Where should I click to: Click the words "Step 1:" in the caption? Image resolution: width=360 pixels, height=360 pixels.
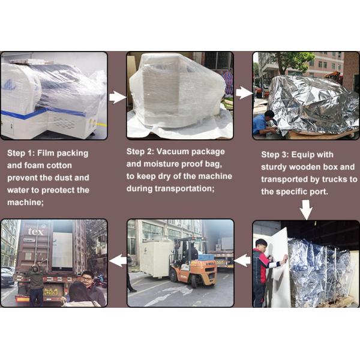point(20,153)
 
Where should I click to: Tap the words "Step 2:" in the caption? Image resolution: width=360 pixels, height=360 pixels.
point(140,152)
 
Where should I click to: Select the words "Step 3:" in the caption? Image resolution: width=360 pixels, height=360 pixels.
point(275,155)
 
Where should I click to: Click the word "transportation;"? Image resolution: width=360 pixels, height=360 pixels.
point(184,189)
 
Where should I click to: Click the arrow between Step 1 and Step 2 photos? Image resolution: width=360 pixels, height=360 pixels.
point(117,97)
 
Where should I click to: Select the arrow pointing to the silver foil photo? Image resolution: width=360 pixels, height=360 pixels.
point(244,93)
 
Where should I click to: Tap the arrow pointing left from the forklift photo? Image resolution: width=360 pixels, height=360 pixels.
point(118,260)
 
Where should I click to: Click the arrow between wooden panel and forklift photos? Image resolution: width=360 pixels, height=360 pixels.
point(242,260)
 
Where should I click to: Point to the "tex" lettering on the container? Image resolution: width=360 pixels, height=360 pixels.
point(35,232)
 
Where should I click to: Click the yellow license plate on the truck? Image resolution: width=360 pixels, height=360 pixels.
point(50,292)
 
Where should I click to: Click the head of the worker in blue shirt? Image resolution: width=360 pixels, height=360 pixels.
point(269,115)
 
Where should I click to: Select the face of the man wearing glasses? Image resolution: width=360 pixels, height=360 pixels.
point(87,278)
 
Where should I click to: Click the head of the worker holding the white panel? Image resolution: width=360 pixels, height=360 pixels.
point(261,244)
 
